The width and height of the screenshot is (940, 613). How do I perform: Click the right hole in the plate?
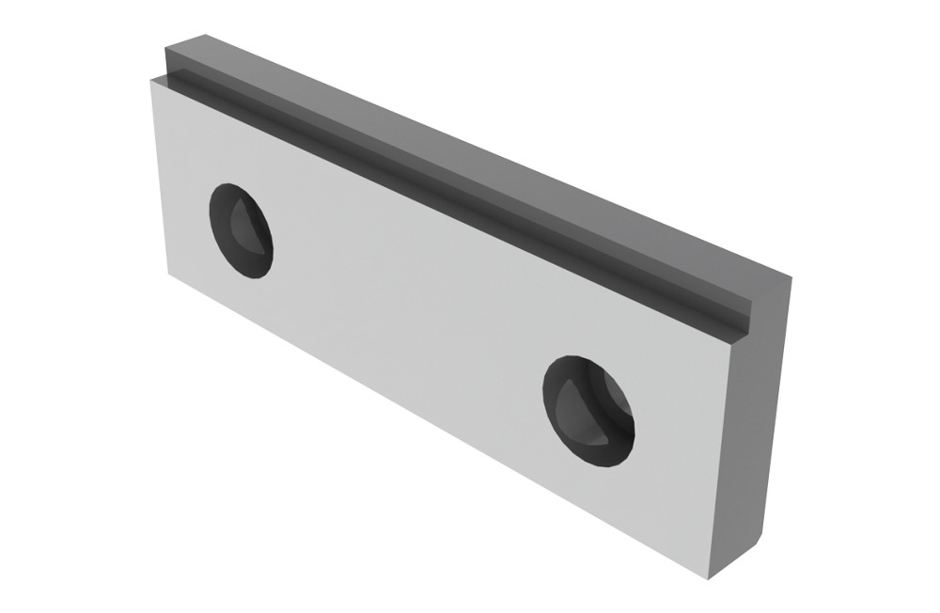pyautogui.click(x=587, y=411)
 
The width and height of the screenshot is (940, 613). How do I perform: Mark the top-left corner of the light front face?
pyautogui.click(x=150, y=80)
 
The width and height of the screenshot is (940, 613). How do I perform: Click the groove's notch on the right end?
pyautogui.click(x=743, y=315)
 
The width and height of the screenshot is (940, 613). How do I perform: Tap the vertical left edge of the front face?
pyautogui.click(x=160, y=179)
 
